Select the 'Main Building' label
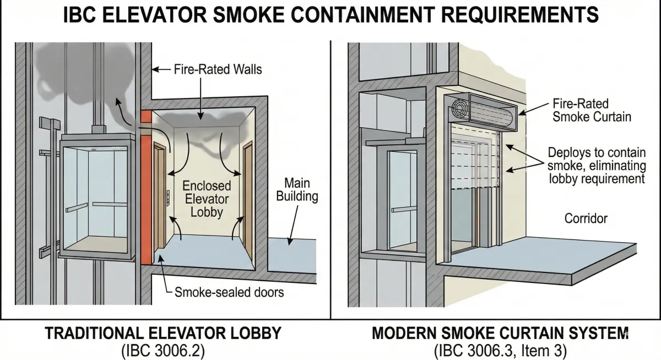(x=297, y=189)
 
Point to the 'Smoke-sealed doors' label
(x=229, y=292)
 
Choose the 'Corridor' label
(x=586, y=219)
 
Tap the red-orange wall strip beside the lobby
(x=145, y=187)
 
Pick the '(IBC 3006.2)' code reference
(x=163, y=350)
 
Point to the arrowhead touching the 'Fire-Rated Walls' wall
(x=154, y=70)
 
